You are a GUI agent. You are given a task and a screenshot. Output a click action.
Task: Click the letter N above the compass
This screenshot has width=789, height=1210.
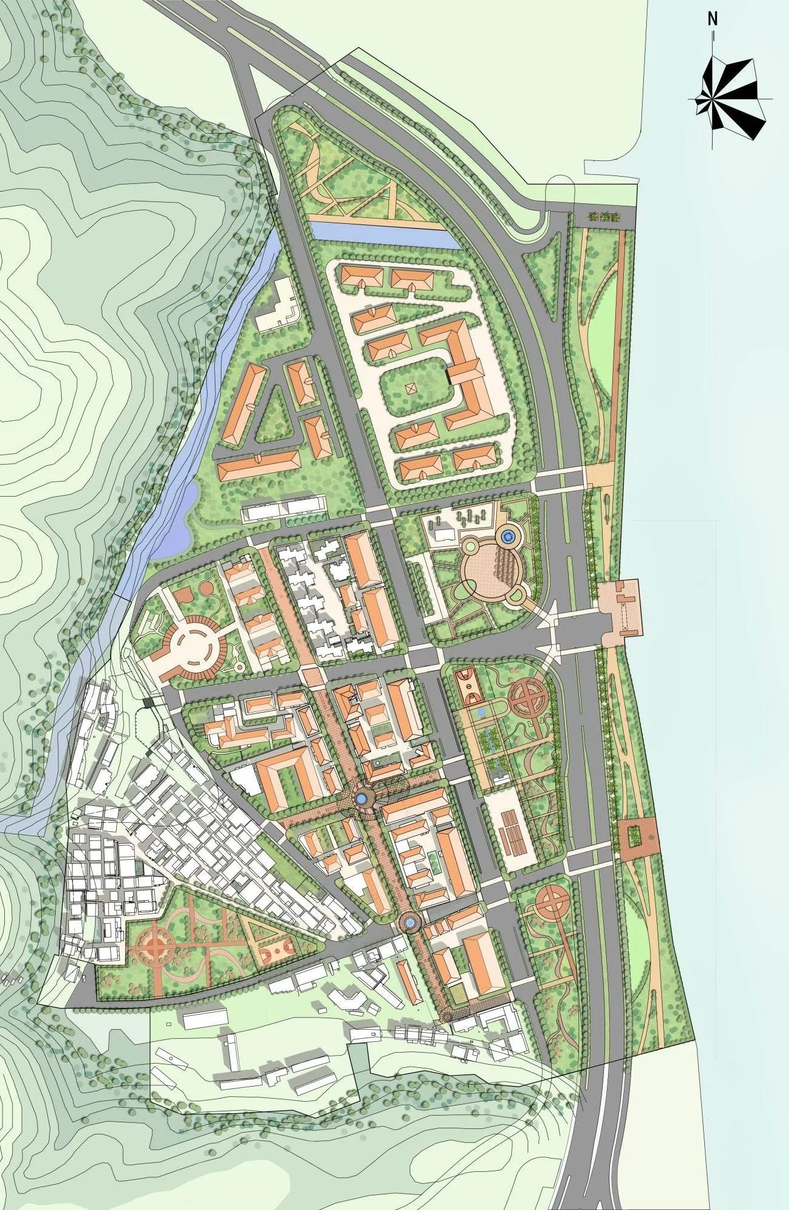tap(713, 19)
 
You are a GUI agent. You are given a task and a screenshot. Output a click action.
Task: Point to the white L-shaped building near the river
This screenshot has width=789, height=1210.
tap(277, 306)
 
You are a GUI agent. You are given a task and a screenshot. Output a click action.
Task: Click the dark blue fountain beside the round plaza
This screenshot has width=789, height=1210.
tap(508, 535)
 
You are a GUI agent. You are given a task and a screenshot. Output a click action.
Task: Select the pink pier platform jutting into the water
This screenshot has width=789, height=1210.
tap(621, 606)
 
